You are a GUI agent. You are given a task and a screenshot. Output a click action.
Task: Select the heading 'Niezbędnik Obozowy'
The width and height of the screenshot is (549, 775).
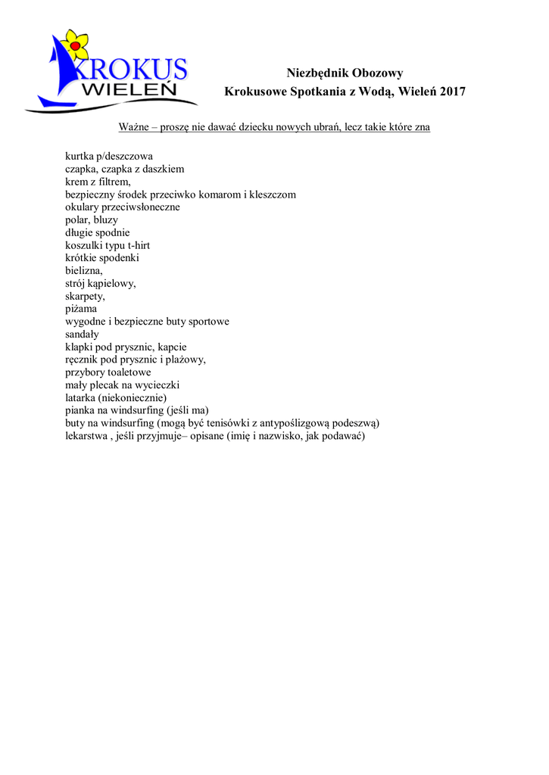tap(345, 73)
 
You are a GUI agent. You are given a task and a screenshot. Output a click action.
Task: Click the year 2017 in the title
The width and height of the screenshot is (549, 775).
tap(452, 92)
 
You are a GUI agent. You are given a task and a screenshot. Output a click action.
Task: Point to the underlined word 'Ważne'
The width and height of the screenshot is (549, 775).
tap(133, 127)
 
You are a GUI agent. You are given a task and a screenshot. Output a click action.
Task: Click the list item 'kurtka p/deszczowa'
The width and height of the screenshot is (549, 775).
tap(109, 157)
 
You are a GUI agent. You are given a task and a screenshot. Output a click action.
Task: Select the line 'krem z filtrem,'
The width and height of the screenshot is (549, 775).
tap(98, 182)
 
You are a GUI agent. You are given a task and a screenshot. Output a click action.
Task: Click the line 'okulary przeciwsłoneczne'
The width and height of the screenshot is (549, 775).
tap(123, 207)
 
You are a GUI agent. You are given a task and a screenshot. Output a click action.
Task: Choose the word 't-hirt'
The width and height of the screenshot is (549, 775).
tap(138, 245)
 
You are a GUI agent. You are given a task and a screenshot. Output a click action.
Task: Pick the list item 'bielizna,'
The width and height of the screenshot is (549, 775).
tap(84, 270)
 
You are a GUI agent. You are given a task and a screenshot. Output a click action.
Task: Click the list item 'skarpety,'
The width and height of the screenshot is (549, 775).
tap(86, 296)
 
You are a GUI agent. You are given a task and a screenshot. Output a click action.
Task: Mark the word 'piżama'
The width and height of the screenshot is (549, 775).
tap(81, 309)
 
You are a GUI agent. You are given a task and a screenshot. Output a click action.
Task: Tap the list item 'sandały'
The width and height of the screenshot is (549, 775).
tap(83, 334)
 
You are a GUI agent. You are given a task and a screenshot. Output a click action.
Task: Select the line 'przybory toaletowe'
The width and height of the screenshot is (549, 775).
tap(108, 372)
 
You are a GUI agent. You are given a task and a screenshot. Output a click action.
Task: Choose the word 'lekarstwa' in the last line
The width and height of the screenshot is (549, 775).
tap(87, 436)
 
